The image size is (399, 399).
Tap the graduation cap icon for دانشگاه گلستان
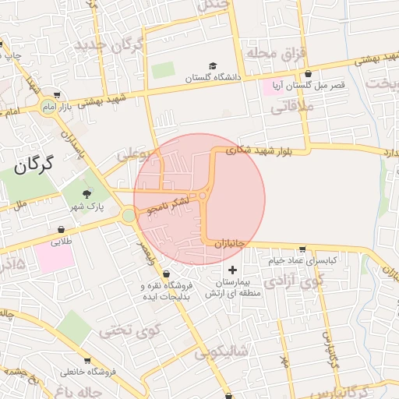tap(212, 67)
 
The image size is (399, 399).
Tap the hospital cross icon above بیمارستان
tap(232, 269)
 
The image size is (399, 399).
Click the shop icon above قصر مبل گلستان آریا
tap(308, 74)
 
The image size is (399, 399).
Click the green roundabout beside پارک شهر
tap(128, 215)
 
